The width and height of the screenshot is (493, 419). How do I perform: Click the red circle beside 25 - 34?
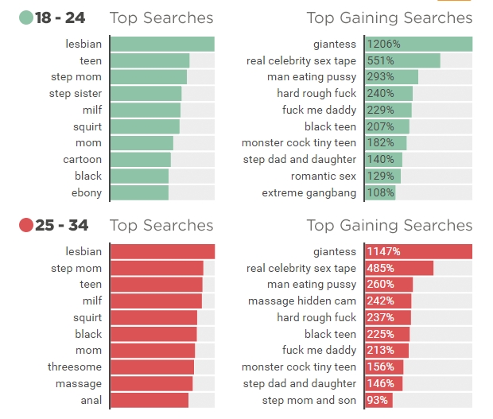[x=25, y=226]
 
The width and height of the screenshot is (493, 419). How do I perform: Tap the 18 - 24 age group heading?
[x=61, y=18]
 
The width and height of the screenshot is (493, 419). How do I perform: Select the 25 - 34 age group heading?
[x=61, y=226]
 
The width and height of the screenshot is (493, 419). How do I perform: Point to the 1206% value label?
[x=383, y=45]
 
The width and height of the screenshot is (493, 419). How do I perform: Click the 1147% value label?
[x=383, y=252]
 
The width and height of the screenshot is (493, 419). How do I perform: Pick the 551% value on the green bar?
[x=380, y=60]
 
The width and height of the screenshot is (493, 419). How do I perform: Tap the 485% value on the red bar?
[x=380, y=269]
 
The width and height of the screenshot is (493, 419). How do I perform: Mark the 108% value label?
[x=380, y=193]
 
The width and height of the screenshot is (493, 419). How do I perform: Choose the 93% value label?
[x=378, y=401]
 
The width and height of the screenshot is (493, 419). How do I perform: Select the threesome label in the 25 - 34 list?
[x=75, y=367]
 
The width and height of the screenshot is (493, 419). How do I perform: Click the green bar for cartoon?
[x=140, y=160]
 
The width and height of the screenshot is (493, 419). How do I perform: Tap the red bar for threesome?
[x=151, y=367]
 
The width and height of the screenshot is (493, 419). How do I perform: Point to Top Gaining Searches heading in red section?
[x=389, y=226]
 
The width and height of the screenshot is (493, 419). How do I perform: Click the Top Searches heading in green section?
[x=161, y=18]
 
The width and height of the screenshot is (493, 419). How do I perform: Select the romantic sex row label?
[x=324, y=177]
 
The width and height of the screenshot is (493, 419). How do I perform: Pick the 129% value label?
[x=380, y=177]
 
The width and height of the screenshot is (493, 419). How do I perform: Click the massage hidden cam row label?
[x=302, y=301]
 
